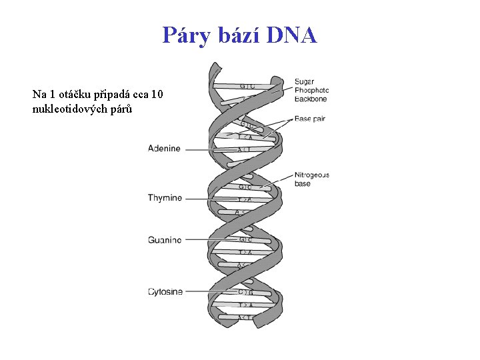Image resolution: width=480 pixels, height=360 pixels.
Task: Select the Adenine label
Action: tap(164, 149)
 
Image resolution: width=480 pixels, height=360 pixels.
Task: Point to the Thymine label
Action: tap(165, 198)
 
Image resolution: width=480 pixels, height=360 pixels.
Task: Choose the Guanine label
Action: tap(165, 240)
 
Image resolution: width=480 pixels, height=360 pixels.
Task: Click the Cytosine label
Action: tap(165, 291)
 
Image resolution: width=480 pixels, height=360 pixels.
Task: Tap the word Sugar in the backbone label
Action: tap(305, 82)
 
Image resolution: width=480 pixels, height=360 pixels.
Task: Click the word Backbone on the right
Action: tap(311, 99)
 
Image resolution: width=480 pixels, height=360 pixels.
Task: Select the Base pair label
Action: tap(310, 119)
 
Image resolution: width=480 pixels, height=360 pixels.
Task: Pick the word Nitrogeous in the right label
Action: tap(312, 175)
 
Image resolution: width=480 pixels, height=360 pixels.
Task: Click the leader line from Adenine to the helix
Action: tap(207, 149)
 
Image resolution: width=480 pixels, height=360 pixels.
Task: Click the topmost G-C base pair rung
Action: tap(247, 86)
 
